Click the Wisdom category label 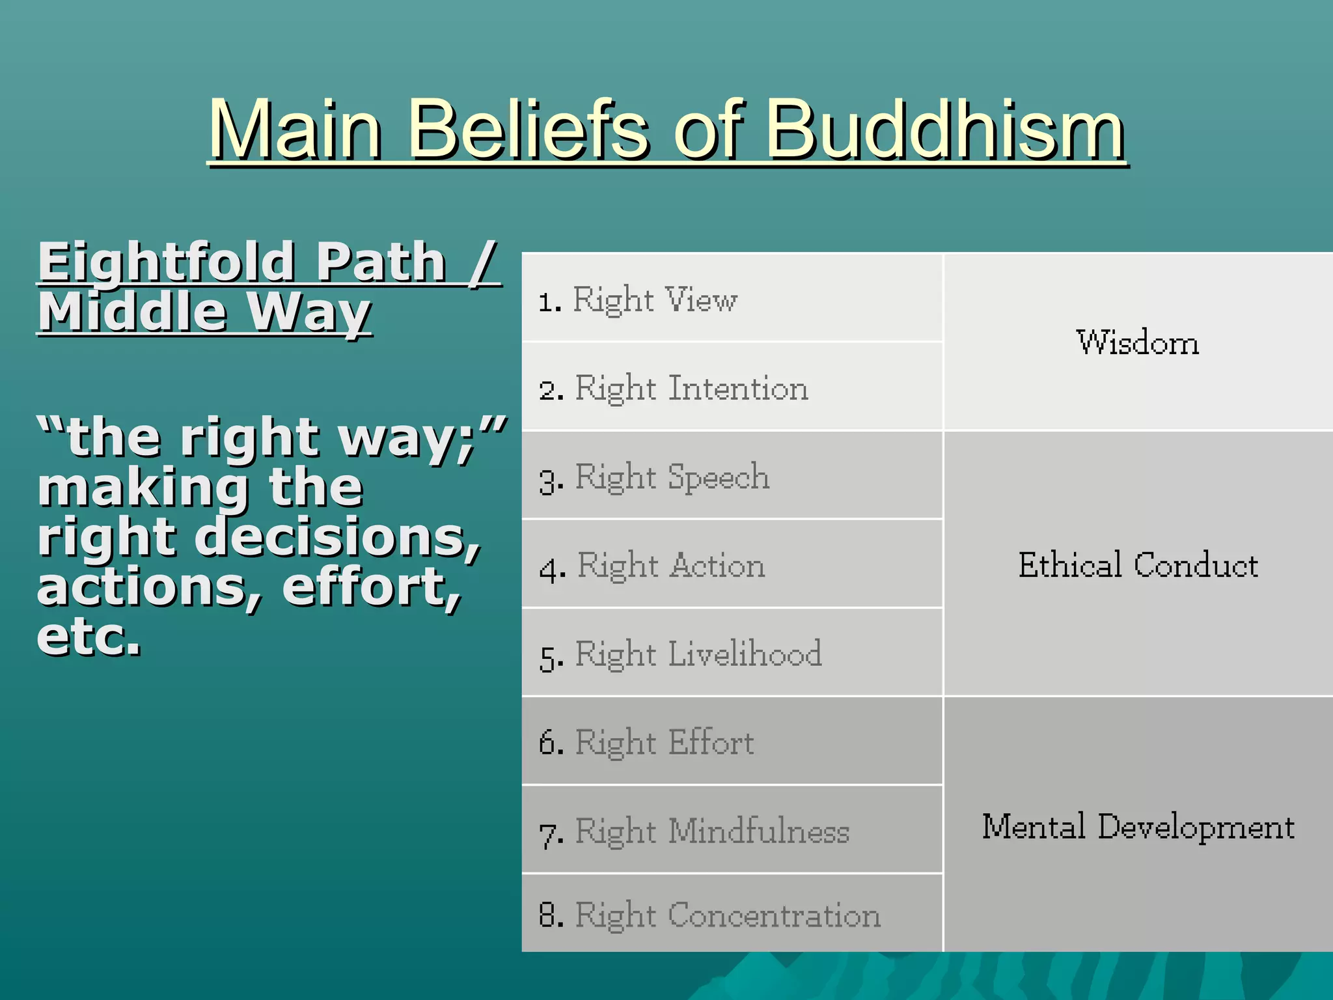click(1137, 342)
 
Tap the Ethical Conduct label click(1137, 564)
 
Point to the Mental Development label click(1137, 826)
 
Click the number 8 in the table click(549, 915)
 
